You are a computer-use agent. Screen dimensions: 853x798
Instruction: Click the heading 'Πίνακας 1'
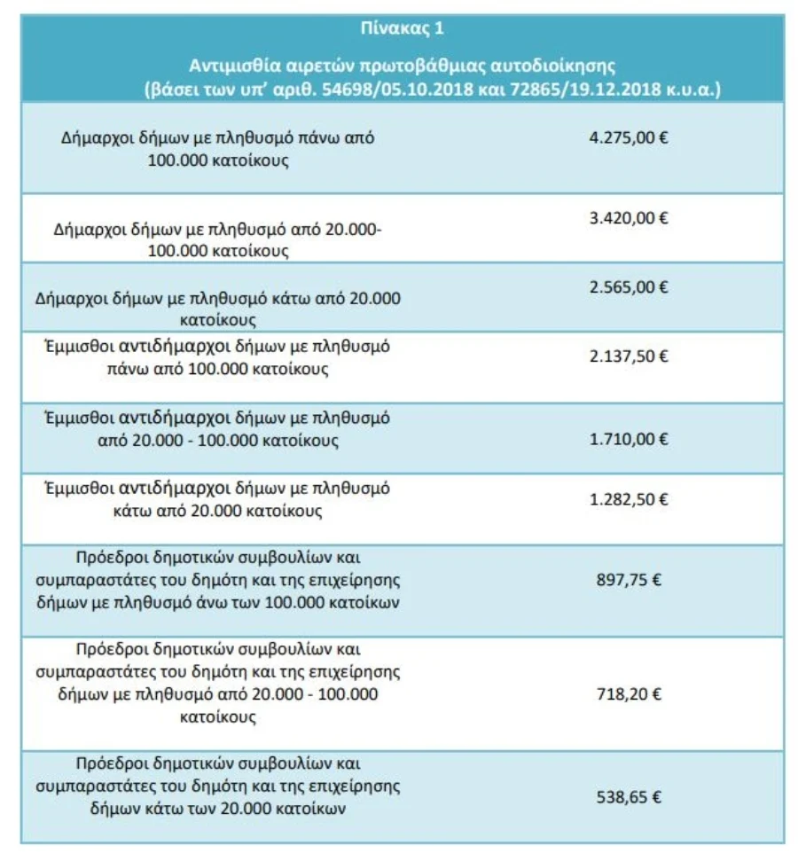tap(403, 28)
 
